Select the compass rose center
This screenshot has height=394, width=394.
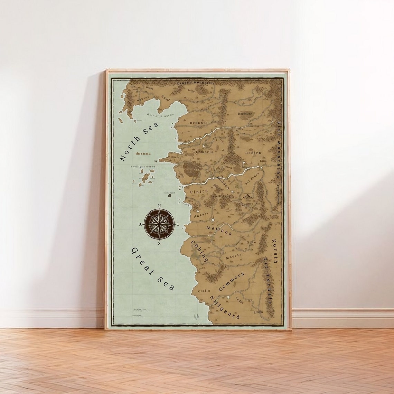tap(159, 224)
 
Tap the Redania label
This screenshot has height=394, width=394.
tap(199, 123)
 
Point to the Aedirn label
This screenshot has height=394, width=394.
tap(253, 152)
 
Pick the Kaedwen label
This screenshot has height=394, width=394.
tap(246, 113)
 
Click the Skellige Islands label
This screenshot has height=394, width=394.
tap(143, 167)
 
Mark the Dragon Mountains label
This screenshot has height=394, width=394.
tap(196, 83)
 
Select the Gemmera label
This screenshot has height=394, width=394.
tap(232, 282)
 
